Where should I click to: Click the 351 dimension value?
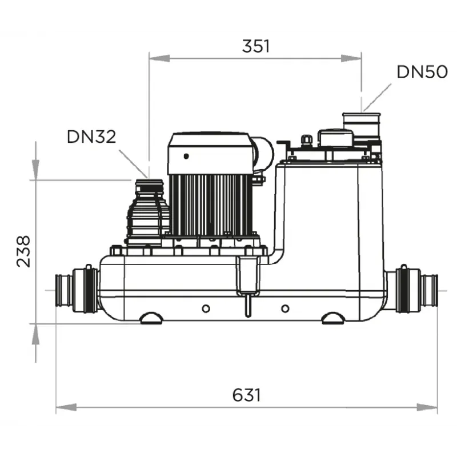point(256,46)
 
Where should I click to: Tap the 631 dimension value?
point(247,395)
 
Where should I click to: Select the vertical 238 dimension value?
point(23,251)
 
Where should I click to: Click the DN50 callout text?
point(422,72)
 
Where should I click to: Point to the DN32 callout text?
point(91,137)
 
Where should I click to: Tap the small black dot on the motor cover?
point(186,156)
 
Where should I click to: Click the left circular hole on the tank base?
point(206,308)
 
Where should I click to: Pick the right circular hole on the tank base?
point(285,308)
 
